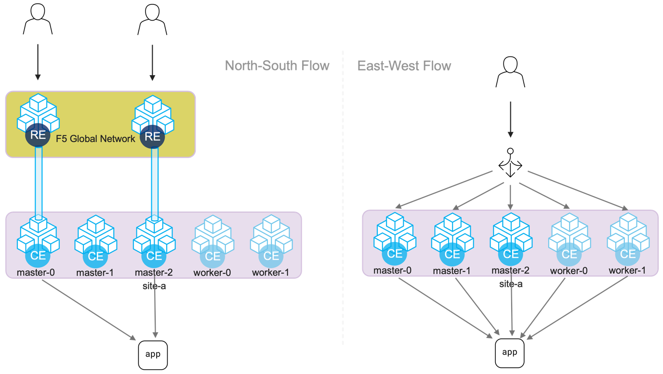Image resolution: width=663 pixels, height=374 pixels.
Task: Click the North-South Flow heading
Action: pyautogui.click(x=277, y=66)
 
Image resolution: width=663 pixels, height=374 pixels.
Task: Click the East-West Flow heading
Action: pyautogui.click(x=404, y=66)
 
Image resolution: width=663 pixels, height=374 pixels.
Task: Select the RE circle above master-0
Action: pyautogui.click(x=38, y=135)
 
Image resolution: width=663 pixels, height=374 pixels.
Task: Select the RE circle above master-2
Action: pyautogui.click(x=152, y=136)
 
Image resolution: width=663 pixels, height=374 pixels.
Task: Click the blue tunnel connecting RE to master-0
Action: pyautogui.click(x=38, y=183)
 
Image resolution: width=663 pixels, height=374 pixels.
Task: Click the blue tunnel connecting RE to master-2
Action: pyautogui.click(x=155, y=183)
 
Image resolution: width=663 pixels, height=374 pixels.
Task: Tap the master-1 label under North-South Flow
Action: pyautogui.click(x=95, y=273)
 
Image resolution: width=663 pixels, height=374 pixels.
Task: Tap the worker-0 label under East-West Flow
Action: pyautogui.click(x=569, y=271)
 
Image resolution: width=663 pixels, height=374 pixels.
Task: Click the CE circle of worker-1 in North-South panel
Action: pyautogui.click(x=271, y=256)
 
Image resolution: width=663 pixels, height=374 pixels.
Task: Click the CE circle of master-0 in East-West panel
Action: pyautogui.click(x=395, y=254)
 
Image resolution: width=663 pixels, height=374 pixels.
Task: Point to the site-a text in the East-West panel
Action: pyautogui.click(x=511, y=284)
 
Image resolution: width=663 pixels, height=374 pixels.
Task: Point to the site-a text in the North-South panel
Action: pyautogui.click(x=154, y=286)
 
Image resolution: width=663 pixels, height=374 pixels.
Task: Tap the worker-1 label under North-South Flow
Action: pyautogui.click(x=270, y=273)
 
